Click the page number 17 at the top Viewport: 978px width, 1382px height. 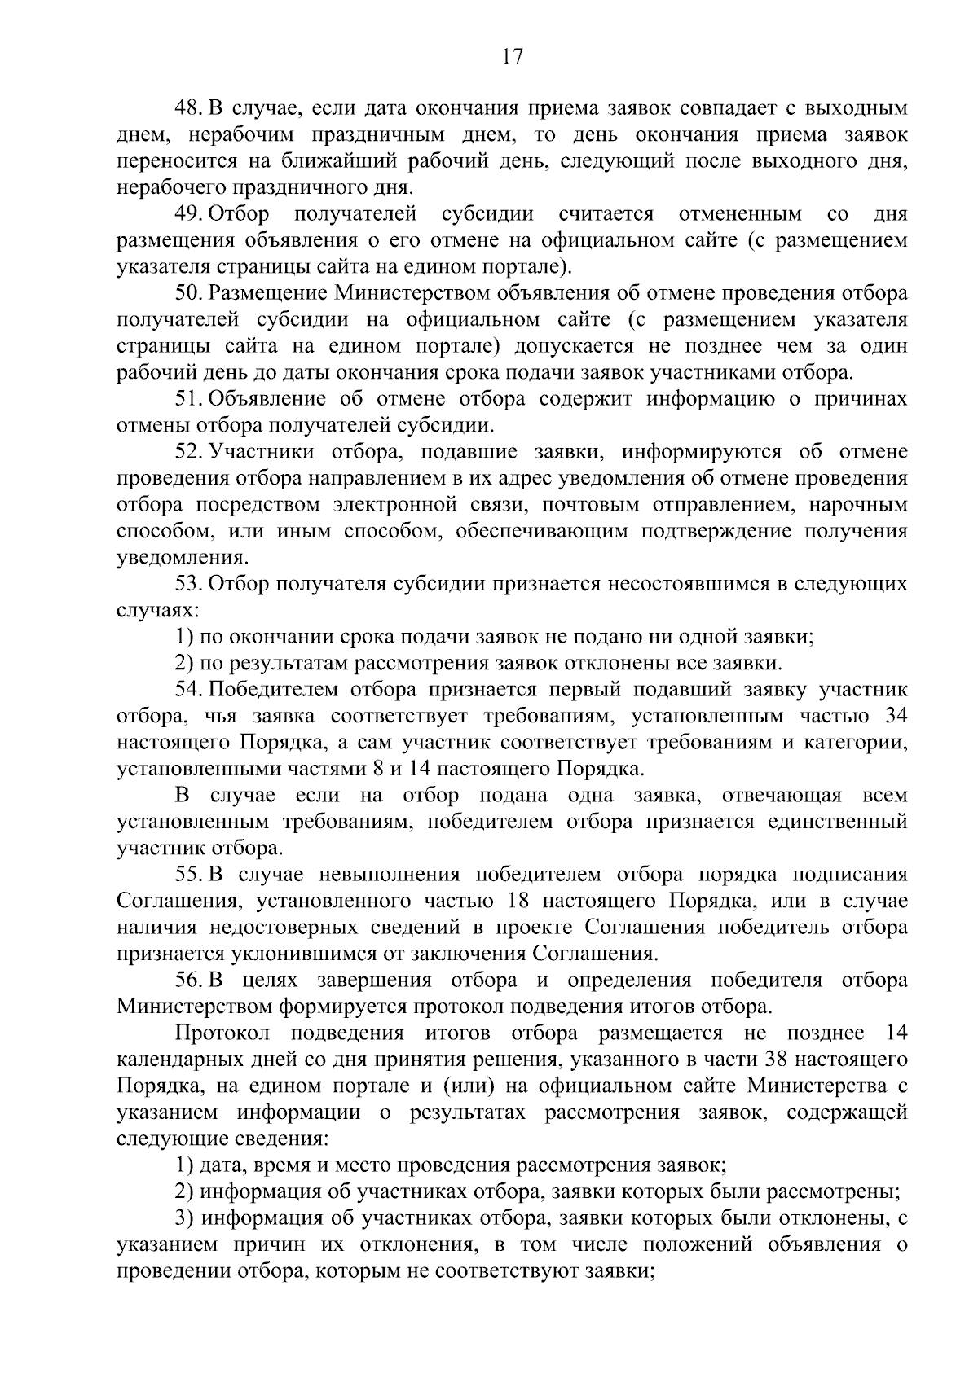coord(512,57)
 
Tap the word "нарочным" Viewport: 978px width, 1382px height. coord(858,505)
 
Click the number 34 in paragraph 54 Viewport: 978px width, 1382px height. coord(895,716)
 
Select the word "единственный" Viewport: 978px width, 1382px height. coord(837,822)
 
